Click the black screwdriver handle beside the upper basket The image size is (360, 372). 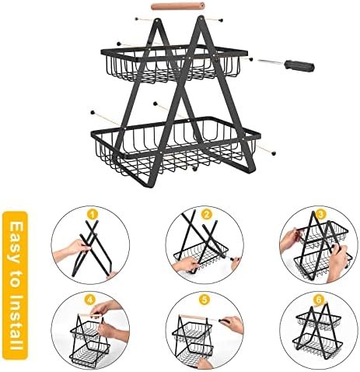coord(300,65)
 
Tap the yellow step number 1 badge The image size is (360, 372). coord(93,215)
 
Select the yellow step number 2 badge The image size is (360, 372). coord(207,215)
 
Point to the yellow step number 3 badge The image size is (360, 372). coord(321,215)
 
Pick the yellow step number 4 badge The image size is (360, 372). coord(89,300)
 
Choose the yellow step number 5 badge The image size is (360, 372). coord(204,300)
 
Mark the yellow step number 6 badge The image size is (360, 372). coord(319,300)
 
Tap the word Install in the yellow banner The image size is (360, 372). coord(15,322)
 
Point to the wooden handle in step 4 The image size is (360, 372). coord(90,315)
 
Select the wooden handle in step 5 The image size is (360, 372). coord(192,317)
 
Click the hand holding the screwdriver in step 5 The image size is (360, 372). coord(232,325)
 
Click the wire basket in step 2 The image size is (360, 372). coord(201,255)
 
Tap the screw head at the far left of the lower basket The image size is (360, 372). coord(92,113)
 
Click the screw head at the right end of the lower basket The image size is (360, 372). coord(274,153)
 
